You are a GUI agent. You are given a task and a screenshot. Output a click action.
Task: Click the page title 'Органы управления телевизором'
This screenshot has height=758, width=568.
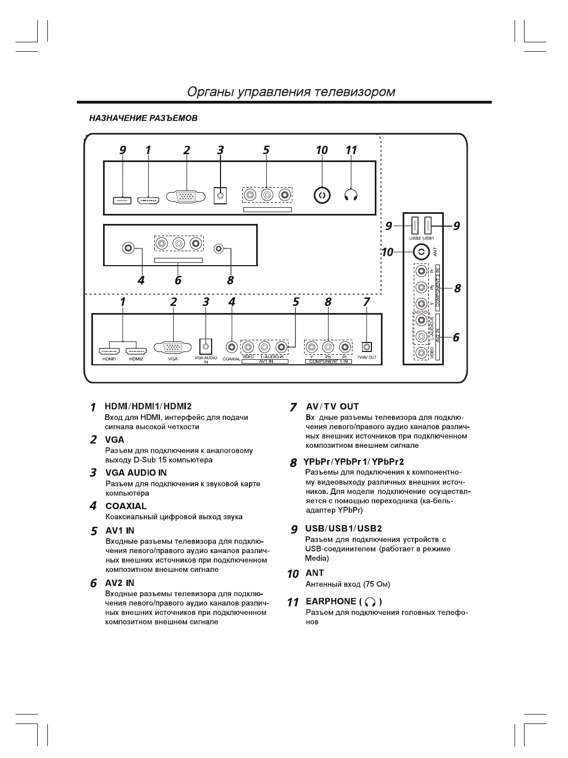(x=291, y=92)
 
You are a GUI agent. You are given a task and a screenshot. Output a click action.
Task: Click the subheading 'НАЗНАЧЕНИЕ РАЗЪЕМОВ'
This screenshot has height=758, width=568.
(x=143, y=119)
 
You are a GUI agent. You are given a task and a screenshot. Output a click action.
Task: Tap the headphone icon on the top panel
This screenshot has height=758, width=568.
(x=351, y=195)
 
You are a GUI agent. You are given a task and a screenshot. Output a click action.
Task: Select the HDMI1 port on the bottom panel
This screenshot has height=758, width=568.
(x=109, y=351)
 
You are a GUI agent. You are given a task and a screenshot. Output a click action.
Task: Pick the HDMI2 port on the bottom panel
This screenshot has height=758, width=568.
(x=136, y=351)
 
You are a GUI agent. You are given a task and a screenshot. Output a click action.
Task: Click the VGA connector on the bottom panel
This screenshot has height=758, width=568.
(x=173, y=347)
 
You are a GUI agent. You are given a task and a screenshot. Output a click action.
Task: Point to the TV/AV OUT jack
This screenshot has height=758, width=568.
(x=366, y=347)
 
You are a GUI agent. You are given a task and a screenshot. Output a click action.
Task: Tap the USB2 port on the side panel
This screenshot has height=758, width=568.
(x=415, y=226)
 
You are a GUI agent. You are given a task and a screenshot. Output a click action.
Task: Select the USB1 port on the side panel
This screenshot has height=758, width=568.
(x=428, y=226)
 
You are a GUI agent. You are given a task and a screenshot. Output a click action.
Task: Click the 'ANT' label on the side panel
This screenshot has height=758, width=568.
(x=435, y=252)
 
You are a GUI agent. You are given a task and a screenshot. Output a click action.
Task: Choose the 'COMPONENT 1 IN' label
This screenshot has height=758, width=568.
(x=329, y=361)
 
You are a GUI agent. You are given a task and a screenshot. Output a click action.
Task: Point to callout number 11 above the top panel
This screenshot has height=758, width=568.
(x=351, y=150)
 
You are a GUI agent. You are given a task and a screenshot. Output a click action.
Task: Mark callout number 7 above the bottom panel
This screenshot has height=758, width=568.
(x=366, y=302)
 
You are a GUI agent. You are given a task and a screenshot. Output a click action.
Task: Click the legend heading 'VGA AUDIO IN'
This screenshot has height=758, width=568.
(x=136, y=473)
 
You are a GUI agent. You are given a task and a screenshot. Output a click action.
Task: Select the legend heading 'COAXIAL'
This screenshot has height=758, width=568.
(x=126, y=506)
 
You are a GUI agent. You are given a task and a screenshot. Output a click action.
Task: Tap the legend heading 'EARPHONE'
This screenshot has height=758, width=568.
(x=331, y=601)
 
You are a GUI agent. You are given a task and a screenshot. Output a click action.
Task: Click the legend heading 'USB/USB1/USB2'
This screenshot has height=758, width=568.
(x=343, y=529)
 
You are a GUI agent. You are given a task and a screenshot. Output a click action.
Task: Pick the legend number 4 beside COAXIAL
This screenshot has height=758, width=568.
(x=94, y=506)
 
